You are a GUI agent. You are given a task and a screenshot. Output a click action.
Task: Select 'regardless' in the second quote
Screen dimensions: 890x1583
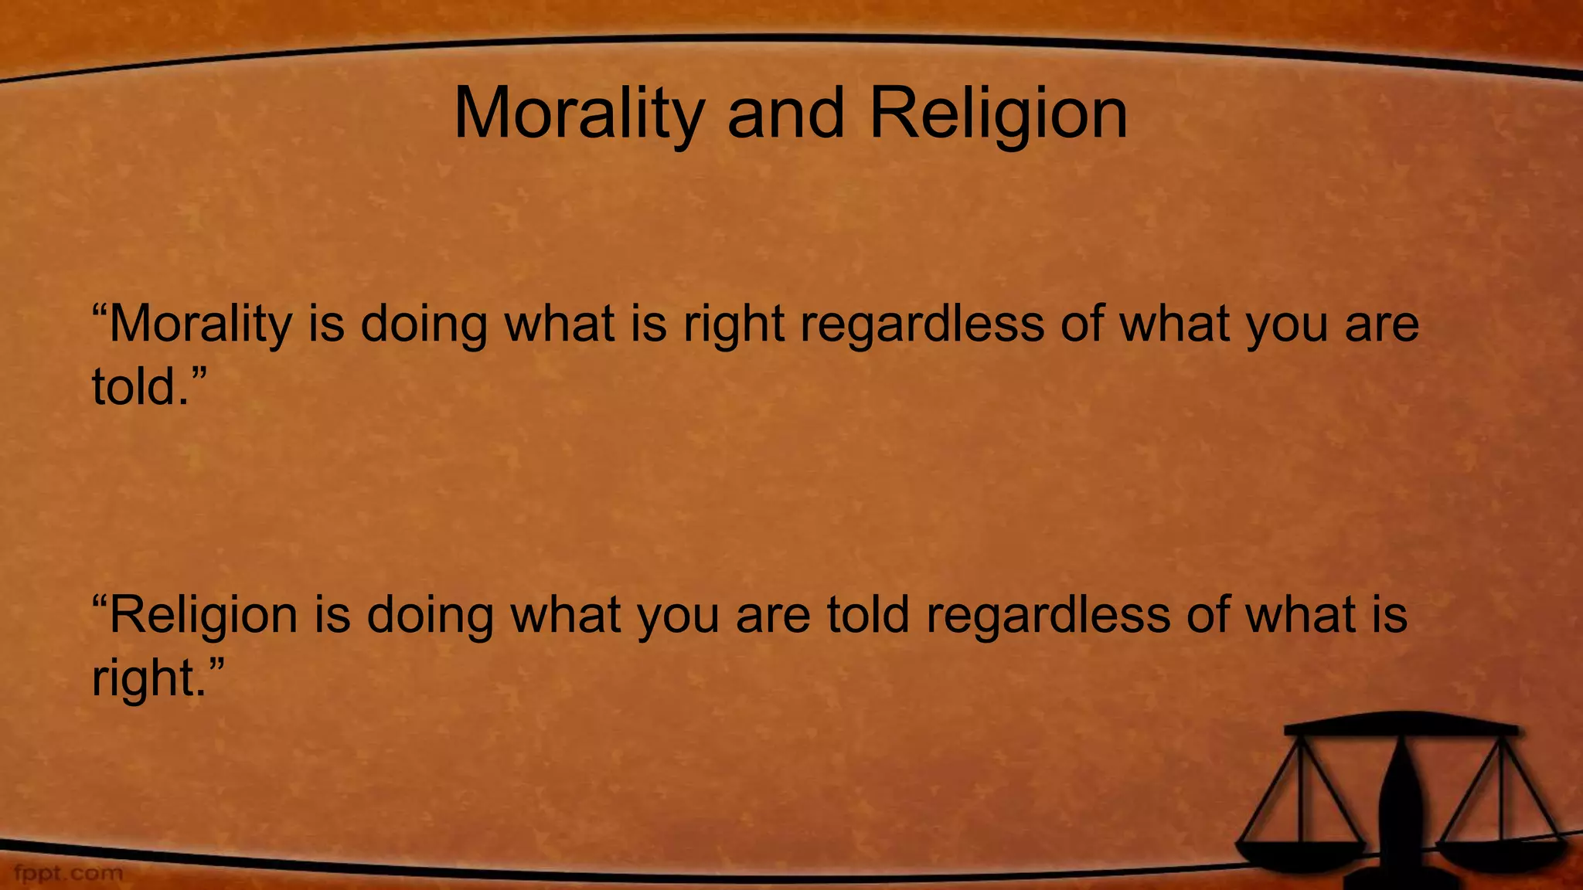1048,615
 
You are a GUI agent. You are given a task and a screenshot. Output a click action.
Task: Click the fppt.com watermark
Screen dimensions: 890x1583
68,874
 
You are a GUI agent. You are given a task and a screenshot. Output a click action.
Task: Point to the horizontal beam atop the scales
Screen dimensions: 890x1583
1401,726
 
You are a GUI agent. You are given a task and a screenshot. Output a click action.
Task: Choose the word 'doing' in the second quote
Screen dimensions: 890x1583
430,615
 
